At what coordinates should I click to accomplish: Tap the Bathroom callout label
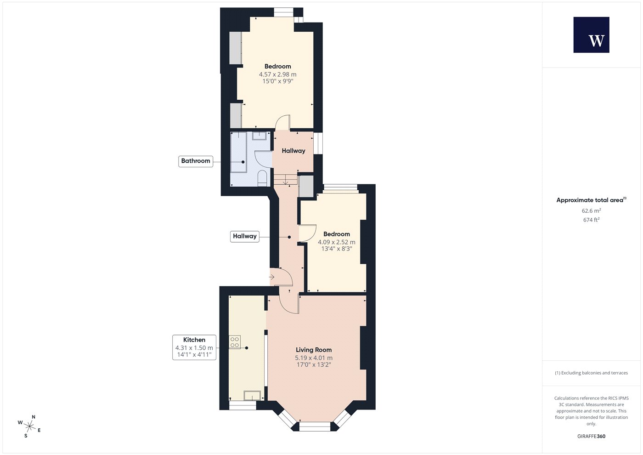point(196,161)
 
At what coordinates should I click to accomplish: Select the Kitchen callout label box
point(194,347)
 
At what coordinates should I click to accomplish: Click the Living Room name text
point(314,350)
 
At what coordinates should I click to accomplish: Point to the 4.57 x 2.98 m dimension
point(277,74)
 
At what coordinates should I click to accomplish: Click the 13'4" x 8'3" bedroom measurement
point(336,249)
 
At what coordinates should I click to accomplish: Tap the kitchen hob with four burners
point(235,342)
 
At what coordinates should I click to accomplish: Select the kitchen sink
point(252,396)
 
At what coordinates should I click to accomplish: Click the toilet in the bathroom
point(262,178)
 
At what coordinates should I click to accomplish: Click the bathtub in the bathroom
point(238,152)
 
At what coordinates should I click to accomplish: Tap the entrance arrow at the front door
point(271,277)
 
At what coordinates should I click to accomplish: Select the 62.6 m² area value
point(592,210)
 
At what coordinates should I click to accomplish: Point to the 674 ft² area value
point(592,220)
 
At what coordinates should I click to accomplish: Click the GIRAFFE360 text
point(592,436)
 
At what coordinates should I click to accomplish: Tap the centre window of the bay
point(315,427)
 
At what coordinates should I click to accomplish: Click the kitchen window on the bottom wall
point(243,405)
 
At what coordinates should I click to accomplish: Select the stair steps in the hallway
point(285,180)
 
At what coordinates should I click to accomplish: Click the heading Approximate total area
point(590,200)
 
